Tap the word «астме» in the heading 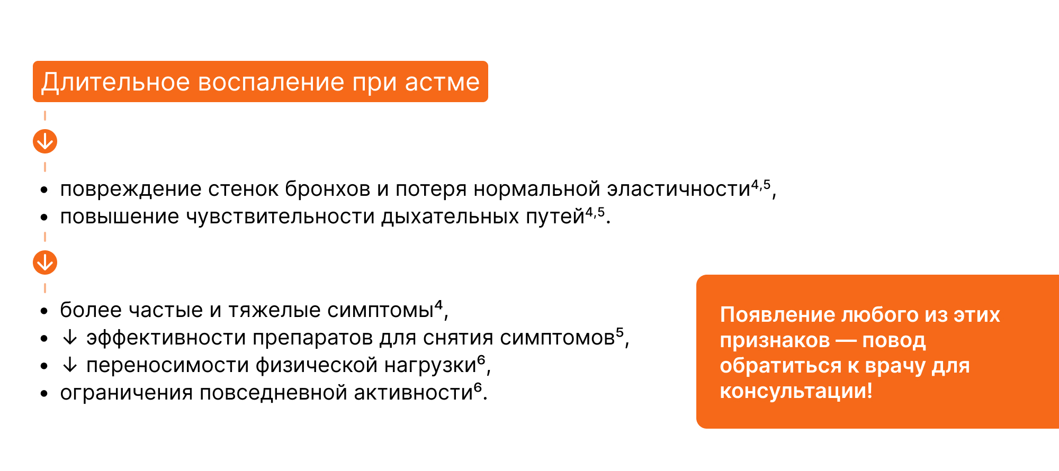(x=442, y=83)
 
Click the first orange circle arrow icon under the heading (x=45, y=141)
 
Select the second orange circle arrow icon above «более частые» (x=45, y=262)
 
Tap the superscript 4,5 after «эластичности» (x=761, y=185)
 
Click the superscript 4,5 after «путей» (x=595, y=213)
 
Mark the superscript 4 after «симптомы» (x=438, y=305)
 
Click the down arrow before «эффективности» (x=70, y=338)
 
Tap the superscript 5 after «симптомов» (x=620, y=333)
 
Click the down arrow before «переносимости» (x=70, y=365)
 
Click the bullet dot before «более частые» (x=44, y=311)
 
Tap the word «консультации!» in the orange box (x=796, y=391)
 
